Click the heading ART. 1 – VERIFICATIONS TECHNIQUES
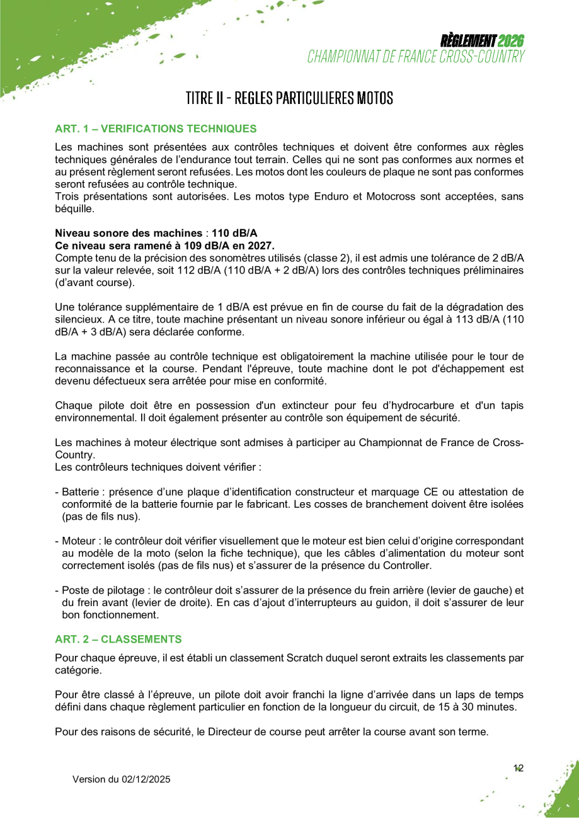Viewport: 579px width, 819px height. coord(156,129)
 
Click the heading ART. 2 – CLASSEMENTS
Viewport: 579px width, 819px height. coord(118,639)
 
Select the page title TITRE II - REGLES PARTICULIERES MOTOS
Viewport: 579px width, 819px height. coord(289,98)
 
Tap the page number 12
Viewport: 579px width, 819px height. coord(519,768)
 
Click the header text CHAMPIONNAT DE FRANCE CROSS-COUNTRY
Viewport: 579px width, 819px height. coord(416,57)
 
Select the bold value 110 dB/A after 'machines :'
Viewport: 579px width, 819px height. coord(234,232)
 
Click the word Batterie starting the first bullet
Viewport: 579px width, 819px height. coord(81,491)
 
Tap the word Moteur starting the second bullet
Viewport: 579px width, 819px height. coord(79,541)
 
